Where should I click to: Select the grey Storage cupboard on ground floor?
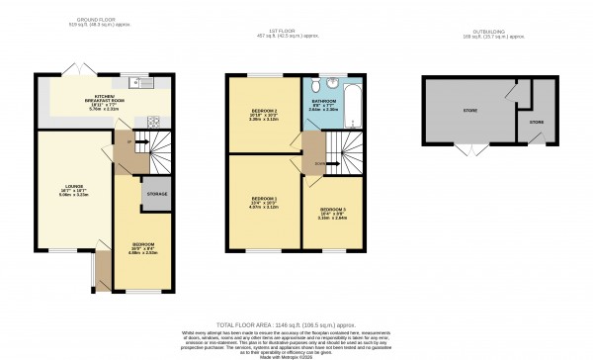155,194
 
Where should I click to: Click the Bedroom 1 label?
260,205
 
